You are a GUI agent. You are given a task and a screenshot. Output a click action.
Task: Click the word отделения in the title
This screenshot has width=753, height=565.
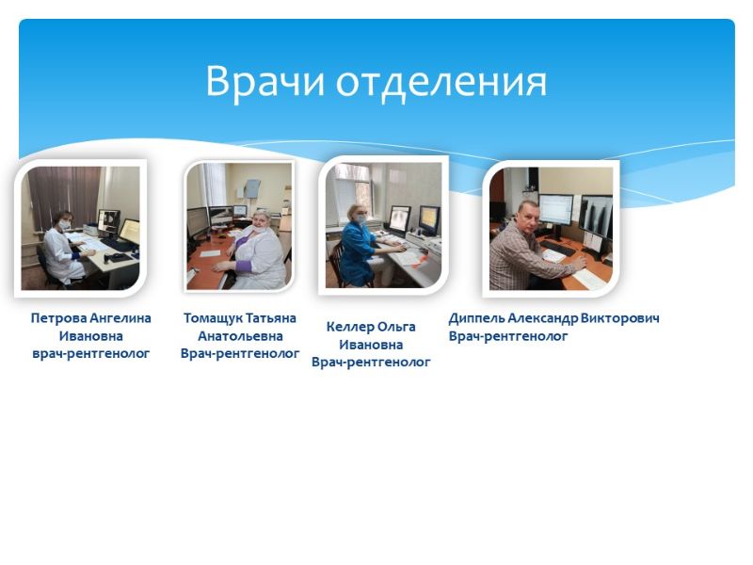coord(441,82)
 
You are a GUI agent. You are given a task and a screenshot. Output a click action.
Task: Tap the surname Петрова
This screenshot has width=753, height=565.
coord(59,318)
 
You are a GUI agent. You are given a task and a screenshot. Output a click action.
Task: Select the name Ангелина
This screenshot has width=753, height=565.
coord(120,318)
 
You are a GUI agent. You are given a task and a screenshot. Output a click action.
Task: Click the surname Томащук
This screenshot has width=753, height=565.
coord(215,318)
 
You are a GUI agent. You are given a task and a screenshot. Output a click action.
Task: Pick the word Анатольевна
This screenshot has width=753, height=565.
coord(240,336)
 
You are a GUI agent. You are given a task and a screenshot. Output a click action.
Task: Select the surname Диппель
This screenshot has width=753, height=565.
coord(476,318)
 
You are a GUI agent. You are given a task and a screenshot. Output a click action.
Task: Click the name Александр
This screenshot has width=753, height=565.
coord(542,318)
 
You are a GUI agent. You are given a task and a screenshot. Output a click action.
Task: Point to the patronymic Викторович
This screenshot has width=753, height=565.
coord(619,318)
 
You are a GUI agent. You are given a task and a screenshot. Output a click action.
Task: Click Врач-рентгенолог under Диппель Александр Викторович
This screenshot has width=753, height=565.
coord(508,336)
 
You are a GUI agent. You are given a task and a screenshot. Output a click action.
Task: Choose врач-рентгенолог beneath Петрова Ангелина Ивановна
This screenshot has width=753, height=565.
coord(90,354)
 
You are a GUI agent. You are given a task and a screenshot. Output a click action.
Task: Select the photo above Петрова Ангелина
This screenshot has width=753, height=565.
coord(80,228)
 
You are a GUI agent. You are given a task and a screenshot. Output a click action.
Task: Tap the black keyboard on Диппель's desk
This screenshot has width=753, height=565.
coord(557,248)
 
